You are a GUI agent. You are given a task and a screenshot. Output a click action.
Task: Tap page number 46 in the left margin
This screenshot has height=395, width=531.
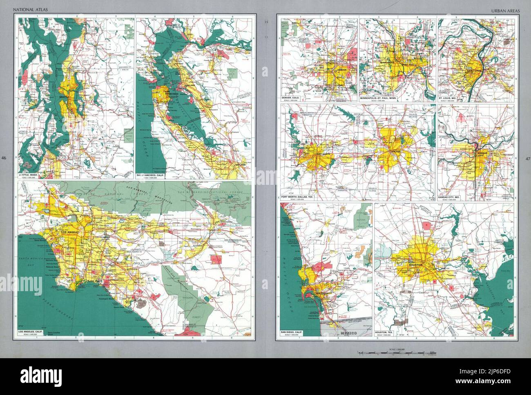coord(4,158)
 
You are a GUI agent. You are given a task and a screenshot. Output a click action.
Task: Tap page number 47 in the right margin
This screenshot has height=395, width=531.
coord(527,158)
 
